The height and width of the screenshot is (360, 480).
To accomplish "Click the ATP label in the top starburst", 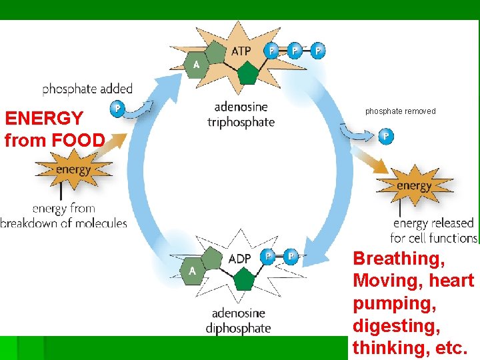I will (x=241, y=51).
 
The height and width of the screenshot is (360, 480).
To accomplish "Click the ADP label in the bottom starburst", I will (x=239, y=258).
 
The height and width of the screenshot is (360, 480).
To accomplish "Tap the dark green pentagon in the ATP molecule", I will (x=247, y=73).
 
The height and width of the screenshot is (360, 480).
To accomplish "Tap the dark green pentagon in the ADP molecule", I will (x=245, y=279).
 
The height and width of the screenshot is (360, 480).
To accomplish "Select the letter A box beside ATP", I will (x=196, y=64).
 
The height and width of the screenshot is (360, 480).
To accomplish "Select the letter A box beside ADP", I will (x=192, y=271).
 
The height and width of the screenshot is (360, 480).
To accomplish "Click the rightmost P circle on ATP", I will (x=318, y=51).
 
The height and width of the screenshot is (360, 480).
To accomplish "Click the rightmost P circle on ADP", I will (x=291, y=256).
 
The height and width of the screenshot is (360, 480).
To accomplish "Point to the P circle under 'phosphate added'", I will (x=118, y=107).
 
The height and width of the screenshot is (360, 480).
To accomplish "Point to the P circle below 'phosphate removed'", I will (x=385, y=137).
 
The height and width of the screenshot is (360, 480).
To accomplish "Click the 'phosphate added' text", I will (x=87, y=89).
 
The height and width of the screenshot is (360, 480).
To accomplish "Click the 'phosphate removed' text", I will (x=400, y=111).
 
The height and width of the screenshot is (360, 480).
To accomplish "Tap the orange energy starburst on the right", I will (x=415, y=185).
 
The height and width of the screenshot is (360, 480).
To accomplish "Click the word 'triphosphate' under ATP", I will (x=241, y=122).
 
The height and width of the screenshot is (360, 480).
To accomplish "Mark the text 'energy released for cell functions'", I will (x=433, y=231).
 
